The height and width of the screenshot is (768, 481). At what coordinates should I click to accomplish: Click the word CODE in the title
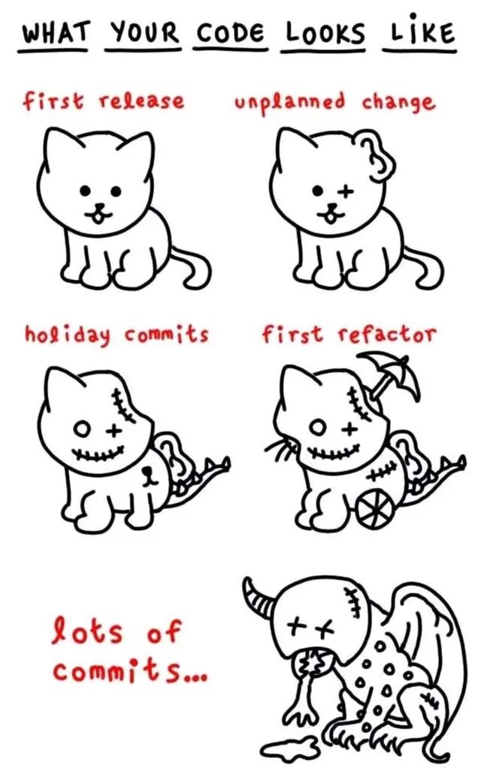pos(230,34)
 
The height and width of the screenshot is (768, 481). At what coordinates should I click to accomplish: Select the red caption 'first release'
pos(104,101)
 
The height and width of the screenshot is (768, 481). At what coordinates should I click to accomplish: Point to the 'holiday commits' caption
pos(116,335)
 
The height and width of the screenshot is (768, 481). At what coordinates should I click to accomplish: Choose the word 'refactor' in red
pos(386,335)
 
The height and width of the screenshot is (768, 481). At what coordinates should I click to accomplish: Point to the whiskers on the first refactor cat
pos(282,446)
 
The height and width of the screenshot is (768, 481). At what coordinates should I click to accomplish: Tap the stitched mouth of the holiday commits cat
pos(97,453)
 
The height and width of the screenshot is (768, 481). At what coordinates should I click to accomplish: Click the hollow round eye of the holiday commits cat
pos(82,430)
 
